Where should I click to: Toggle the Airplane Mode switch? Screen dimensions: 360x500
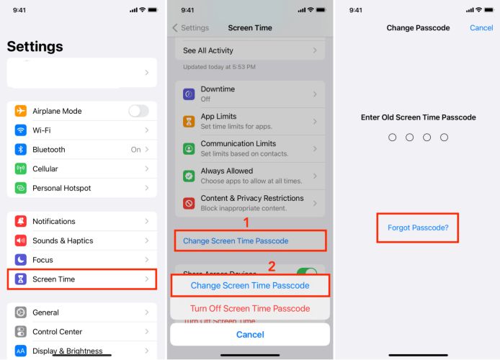(138, 111)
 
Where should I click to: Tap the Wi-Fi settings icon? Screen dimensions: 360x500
(20, 130)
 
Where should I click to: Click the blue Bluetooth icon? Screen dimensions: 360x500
(20, 150)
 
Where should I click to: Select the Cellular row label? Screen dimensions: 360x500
(45, 169)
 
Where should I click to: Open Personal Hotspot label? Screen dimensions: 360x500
(61, 188)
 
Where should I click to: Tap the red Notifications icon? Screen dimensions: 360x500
(20, 222)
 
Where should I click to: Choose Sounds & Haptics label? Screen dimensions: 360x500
(63, 240)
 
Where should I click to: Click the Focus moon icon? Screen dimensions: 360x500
(20, 260)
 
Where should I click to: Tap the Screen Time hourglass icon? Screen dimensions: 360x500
(20, 279)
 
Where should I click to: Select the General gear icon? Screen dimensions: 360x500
(20, 312)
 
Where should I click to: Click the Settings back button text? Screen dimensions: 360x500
(195, 28)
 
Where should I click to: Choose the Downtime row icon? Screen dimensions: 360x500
(189, 94)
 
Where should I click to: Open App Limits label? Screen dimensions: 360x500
(218, 117)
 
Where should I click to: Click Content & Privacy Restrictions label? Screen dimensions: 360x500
(251, 198)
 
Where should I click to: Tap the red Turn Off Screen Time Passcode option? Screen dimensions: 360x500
(250, 308)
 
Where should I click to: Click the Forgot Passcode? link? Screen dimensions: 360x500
(418, 228)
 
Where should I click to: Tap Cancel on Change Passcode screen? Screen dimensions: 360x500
(481, 28)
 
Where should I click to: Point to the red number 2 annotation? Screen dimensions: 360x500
(272, 266)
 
